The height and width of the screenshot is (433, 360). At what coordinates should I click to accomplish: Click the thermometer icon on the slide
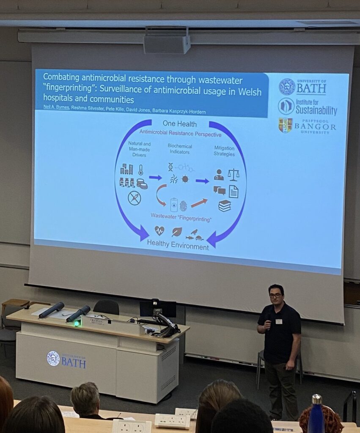(x=140, y=170)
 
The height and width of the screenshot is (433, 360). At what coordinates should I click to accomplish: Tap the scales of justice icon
(x=233, y=174)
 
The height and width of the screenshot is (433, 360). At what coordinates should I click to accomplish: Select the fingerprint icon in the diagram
(x=183, y=206)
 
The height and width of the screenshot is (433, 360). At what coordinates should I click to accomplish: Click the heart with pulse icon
(x=159, y=230)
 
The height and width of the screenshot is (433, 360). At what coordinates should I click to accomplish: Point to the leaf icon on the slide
(x=177, y=232)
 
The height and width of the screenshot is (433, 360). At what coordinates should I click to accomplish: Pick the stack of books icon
(x=225, y=206)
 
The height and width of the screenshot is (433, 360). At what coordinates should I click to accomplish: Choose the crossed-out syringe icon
(x=135, y=198)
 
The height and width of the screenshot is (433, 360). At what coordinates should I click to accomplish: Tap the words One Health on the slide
(x=180, y=124)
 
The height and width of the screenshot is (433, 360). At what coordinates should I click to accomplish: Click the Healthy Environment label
(x=178, y=245)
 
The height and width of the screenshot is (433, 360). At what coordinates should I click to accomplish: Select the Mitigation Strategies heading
(x=224, y=151)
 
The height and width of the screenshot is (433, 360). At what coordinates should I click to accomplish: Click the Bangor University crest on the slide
(x=285, y=125)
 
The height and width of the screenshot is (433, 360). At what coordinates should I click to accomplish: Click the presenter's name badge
(x=279, y=321)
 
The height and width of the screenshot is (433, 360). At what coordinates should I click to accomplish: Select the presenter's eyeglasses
(x=275, y=295)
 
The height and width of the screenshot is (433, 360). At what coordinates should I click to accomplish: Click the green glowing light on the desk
(x=77, y=323)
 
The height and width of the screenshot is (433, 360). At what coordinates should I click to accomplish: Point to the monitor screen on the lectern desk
(x=158, y=309)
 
